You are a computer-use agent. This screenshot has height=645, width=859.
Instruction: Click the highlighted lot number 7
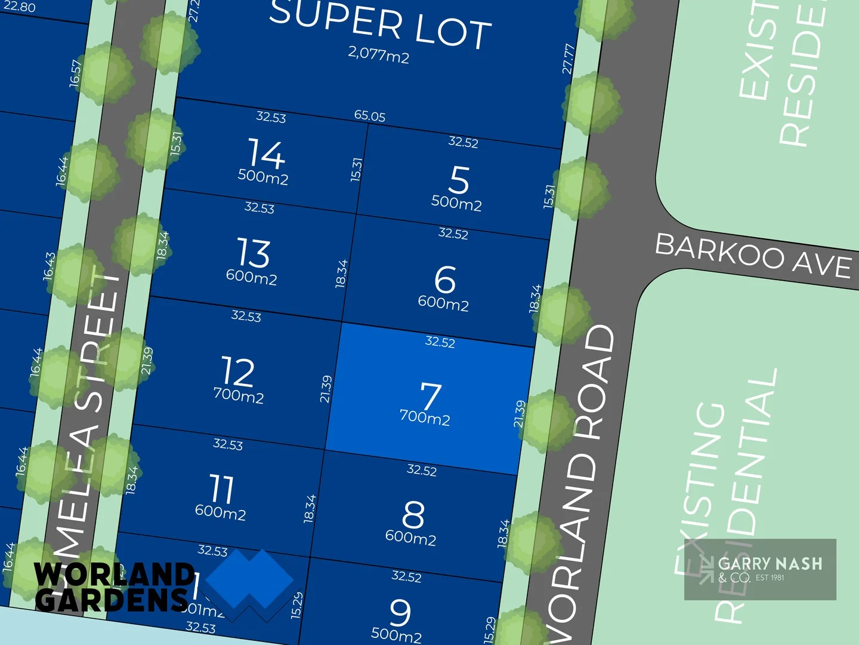(x=431, y=395)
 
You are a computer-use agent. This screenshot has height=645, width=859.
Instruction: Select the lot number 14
(x=267, y=153)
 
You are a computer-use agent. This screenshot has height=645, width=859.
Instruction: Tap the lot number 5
(x=459, y=180)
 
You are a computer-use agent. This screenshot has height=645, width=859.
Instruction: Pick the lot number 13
(x=254, y=253)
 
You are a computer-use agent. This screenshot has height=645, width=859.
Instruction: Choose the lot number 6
(x=445, y=279)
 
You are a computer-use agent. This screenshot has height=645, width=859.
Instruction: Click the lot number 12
(x=239, y=372)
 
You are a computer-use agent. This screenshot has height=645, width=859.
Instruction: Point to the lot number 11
(x=222, y=489)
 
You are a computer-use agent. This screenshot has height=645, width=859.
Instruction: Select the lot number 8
(x=413, y=514)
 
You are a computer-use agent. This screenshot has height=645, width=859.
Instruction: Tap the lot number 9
(x=400, y=612)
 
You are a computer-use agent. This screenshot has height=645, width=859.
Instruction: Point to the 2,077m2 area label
(x=379, y=55)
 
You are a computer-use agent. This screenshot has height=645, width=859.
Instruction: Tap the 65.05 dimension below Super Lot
(x=370, y=116)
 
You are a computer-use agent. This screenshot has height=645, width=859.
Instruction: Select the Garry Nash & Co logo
(x=760, y=569)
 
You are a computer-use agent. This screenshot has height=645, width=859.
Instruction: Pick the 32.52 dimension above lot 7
(x=440, y=342)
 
